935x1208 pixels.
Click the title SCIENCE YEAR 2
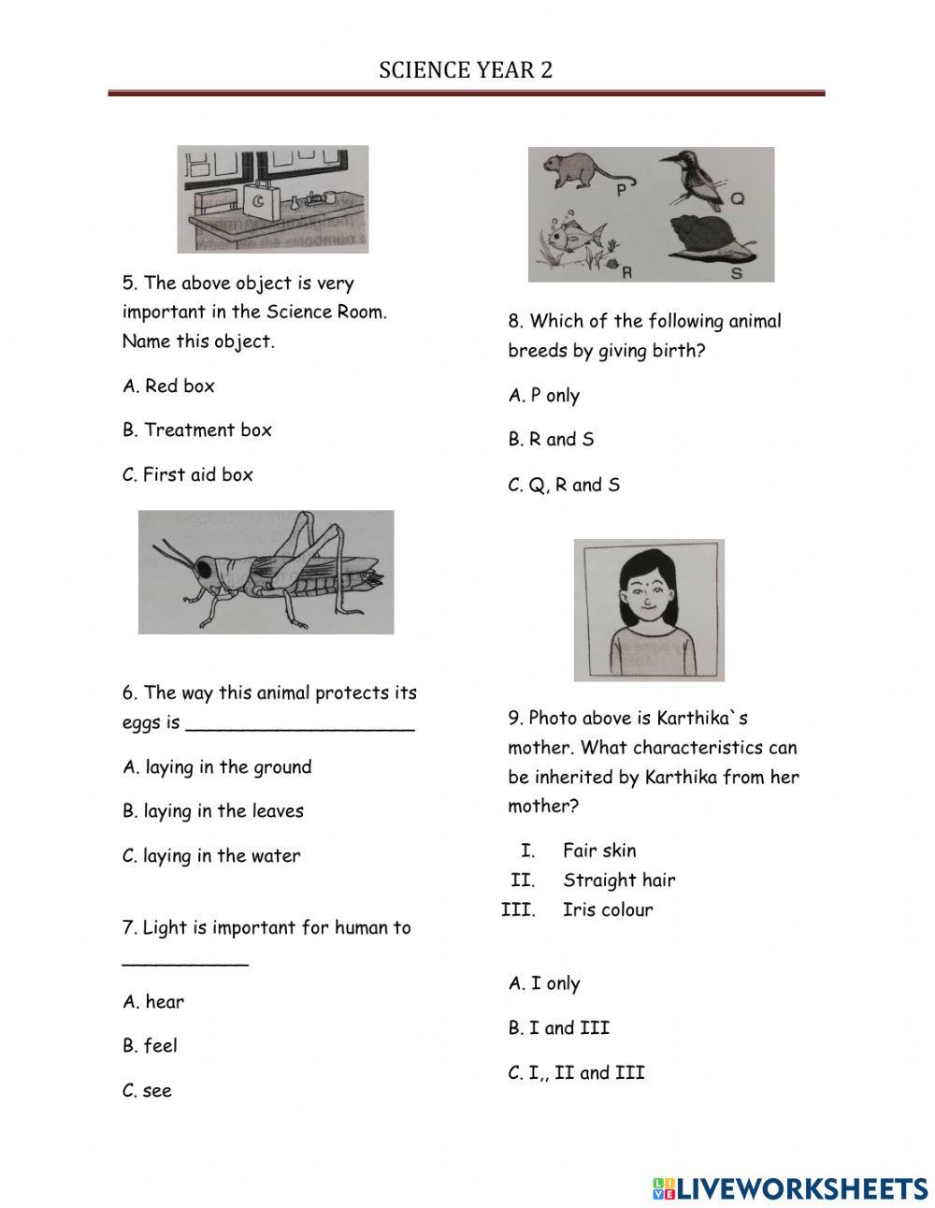click(466, 70)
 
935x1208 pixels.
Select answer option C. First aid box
click(188, 474)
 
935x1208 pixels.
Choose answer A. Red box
click(168, 386)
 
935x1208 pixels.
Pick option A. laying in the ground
click(217, 767)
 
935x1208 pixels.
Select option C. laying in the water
click(211, 855)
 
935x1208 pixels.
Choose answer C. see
click(147, 1090)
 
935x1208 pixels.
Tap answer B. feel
click(150, 1045)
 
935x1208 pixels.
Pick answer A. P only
click(544, 395)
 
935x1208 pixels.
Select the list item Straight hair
click(618, 880)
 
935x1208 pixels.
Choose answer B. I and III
click(558, 1027)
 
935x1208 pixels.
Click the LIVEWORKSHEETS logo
click(789, 1188)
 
